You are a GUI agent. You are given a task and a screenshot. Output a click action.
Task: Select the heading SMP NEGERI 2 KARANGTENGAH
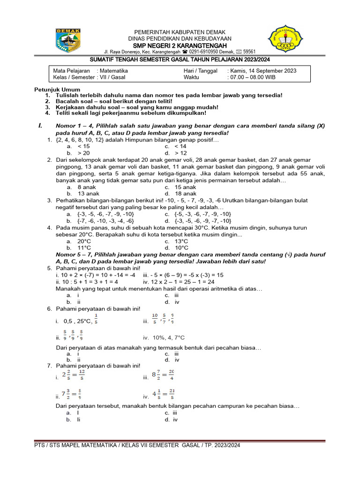point(180,45)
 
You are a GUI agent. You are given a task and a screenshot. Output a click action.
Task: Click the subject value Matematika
point(112,71)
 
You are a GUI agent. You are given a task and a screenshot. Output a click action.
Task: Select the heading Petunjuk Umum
point(57,89)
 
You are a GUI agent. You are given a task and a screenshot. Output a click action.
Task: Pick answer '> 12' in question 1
point(181,153)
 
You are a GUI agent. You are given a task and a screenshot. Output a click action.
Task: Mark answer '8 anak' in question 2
point(87,187)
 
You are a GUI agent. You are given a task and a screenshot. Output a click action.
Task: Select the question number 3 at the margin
point(49,200)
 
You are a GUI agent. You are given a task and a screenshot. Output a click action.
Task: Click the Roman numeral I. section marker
point(40,126)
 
